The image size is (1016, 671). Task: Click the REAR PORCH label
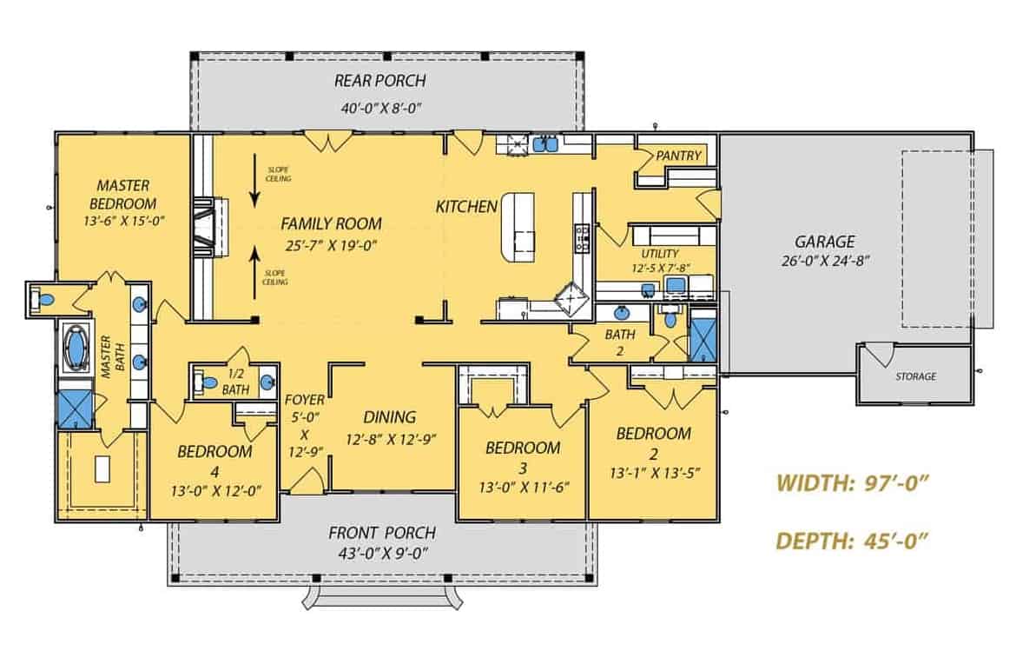click(379, 82)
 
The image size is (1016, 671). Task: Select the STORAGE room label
click(916, 376)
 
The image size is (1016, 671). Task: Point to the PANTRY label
click(678, 156)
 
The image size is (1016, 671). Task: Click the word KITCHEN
click(466, 207)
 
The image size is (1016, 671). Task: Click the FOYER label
click(305, 400)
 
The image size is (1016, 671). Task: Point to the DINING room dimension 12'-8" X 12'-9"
click(389, 439)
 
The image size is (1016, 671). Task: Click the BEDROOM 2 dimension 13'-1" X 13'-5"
click(654, 473)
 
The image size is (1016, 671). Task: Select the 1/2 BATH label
click(234, 382)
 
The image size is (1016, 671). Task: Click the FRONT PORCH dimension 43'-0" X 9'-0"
click(382, 553)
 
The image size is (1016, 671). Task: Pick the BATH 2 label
click(620, 342)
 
